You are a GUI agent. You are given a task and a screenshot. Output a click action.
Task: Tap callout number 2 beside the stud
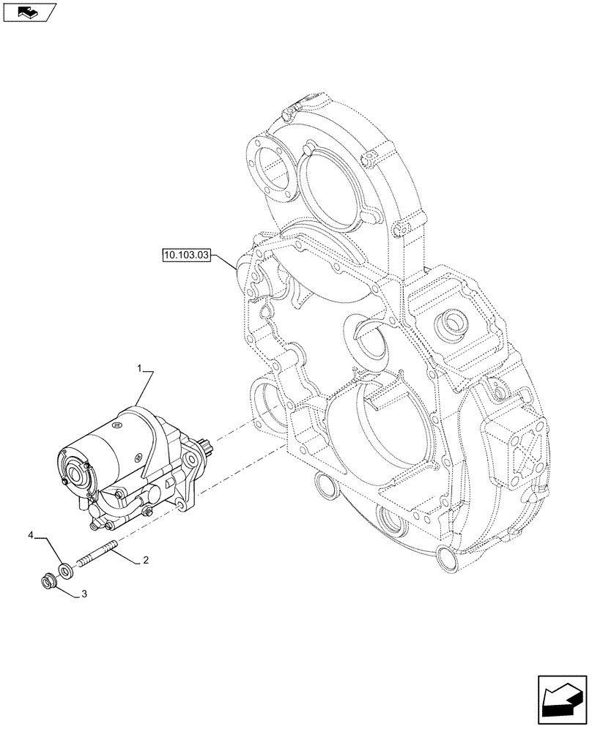pyautogui.click(x=146, y=561)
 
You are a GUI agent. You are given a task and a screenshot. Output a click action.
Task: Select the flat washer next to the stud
pyautogui.click(x=66, y=569)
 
